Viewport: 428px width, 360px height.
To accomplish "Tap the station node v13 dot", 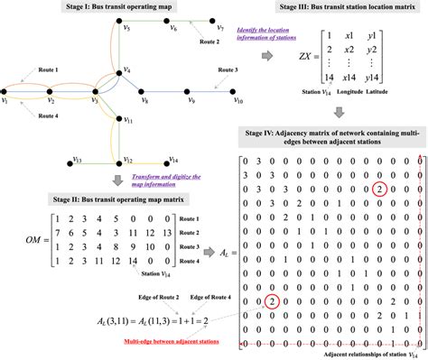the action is pos(70,164).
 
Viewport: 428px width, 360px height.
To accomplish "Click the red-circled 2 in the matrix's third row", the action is pos(357,189).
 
